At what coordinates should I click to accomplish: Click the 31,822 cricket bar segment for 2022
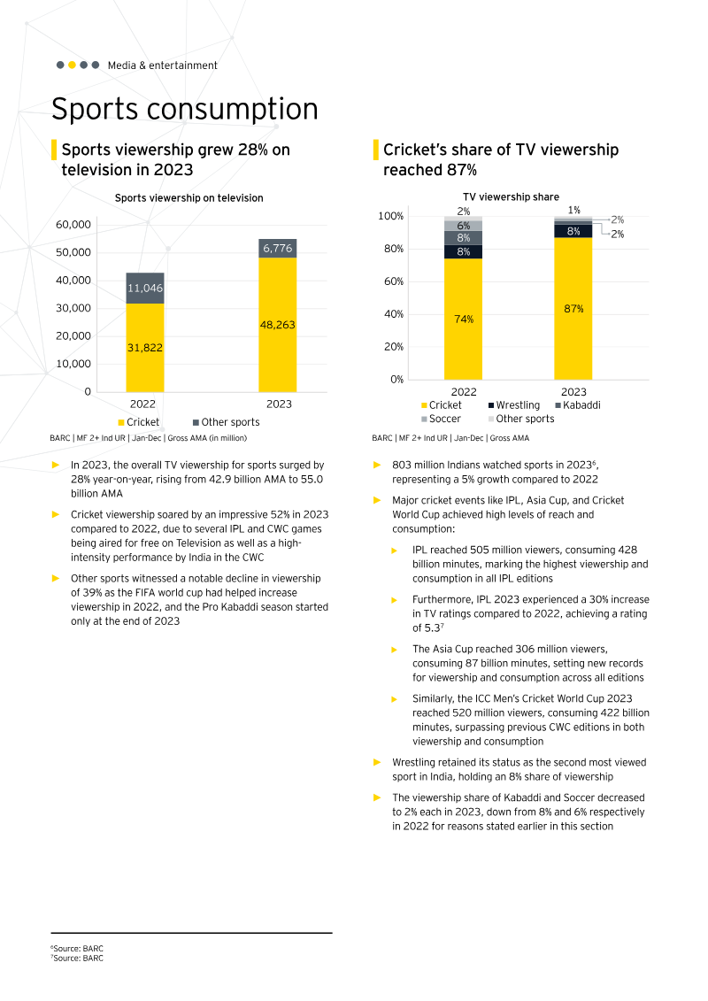click(x=145, y=348)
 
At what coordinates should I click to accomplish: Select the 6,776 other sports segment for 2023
click(x=278, y=249)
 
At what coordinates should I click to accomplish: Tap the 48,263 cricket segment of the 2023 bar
click(x=278, y=325)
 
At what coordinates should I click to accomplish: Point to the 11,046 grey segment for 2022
click(x=145, y=289)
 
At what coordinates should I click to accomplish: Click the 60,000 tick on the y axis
click(x=73, y=225)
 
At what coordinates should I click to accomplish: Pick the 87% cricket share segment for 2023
click(x=573, y=309)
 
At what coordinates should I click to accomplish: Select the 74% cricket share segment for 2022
click(x=464, y=319)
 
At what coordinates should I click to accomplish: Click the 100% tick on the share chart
click(x=391, y=216)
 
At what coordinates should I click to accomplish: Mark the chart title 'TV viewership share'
click(x=511, y=197)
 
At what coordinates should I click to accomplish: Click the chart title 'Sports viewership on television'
click(x=189, y=198)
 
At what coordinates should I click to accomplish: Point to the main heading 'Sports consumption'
click(x=184, y=109)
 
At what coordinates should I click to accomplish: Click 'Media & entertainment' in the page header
click(x=162, y=65)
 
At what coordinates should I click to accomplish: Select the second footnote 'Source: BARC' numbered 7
click(x=77, y=958)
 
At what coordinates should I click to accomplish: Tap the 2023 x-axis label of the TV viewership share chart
click(x=573, y=392)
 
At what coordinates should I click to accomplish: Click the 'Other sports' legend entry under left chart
click(x=226, y=422)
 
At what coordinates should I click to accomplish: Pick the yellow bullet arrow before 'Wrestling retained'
click(x=377, y=762)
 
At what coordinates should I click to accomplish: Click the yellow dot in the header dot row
click(x=72, y=65)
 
